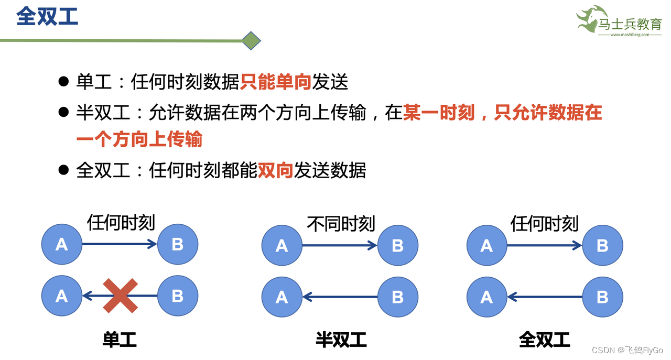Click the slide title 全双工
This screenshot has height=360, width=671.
coord(47,16)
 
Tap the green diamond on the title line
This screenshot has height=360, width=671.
coord(252,40)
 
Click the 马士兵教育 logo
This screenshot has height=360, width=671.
coord(619,22)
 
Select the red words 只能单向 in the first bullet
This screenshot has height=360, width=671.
coord(276,82)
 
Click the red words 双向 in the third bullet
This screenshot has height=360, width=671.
coord(275,171)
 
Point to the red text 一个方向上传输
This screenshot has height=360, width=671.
coord(139,140)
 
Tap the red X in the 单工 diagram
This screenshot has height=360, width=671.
coord(120,296)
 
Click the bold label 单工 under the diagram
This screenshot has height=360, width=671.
coord(120,340)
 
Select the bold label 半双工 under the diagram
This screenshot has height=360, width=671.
coord(341,340)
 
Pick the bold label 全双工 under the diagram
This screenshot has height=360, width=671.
coord(544,340)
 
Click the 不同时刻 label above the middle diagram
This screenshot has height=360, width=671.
coord(341,224)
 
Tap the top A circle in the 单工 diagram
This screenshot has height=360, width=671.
coord(62,244)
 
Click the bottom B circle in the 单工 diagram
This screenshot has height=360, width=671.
coord(178,296)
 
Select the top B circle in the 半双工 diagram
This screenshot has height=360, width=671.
coord(398,245)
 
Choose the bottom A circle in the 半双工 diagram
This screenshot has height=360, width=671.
coord(282,298)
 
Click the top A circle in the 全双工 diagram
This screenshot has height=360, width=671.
coord(487,245)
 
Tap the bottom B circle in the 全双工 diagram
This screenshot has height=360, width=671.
coord(603,298)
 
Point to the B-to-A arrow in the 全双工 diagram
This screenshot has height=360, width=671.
coord(545,298)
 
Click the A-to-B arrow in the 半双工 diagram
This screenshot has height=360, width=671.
coord(340,245)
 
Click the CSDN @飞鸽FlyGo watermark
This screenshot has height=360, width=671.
coord(627,350)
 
